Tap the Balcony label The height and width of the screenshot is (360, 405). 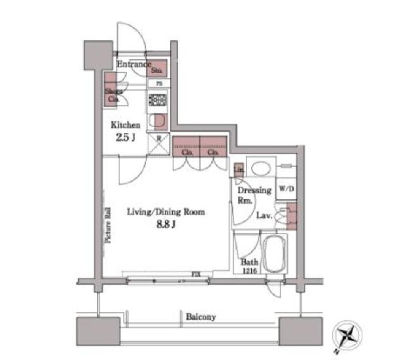pyautogui.click(x=201, y=317)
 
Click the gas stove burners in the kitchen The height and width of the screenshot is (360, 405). pyautogui.click(x=158, y=100)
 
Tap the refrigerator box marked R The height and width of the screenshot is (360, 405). pyautogui.click(x=159, y=145)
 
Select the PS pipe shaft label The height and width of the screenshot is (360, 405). pyautogui.click(x=159, y=83)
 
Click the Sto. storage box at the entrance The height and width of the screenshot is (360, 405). pyautogui.click(x=157, y=69)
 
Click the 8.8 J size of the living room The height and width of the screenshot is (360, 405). pyautogui.click(x=166, y=224)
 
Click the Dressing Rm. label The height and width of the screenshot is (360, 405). pyautogui.click(x=254, y=195)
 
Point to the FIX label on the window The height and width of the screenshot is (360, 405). pyautogui.click(x=195, y=274)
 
